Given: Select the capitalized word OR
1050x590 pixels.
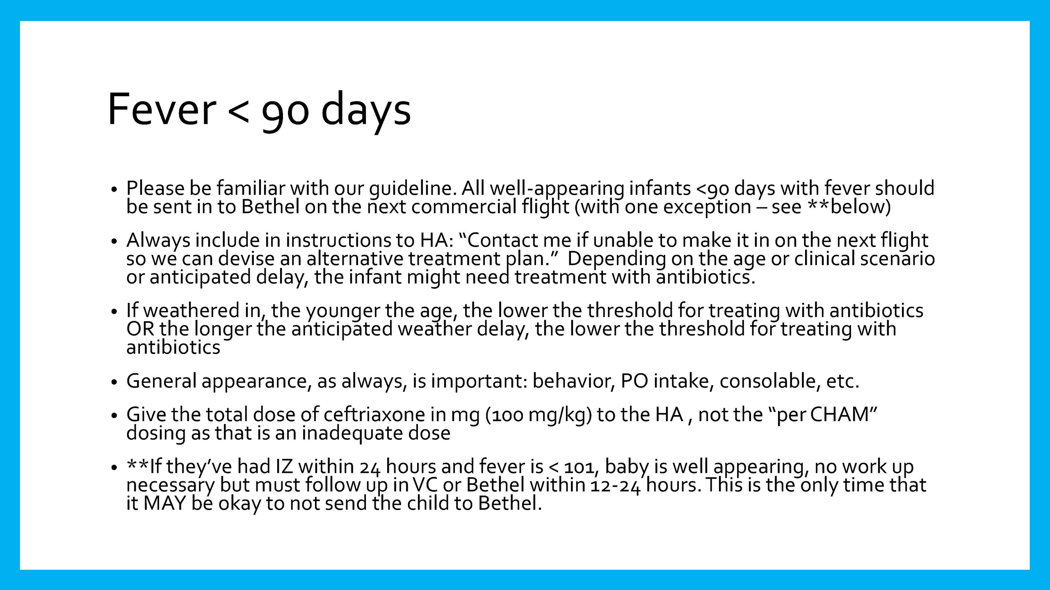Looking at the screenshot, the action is (x=140, y=329).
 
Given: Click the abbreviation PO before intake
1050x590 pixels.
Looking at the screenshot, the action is (x=635, y=381).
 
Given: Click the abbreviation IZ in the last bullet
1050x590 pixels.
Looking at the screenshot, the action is (x=284, y=467).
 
